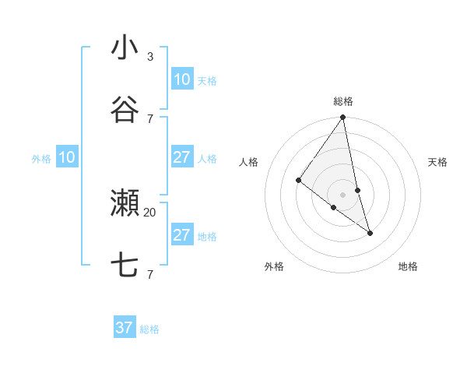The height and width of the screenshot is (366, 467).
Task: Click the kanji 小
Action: [125, 48]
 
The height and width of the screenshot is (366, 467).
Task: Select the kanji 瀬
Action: [125, 203]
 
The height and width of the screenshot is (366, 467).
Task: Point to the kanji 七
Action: [125, 266]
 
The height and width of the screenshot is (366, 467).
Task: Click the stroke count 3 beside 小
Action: [150, 57]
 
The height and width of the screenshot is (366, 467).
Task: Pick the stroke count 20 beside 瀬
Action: [150, 212]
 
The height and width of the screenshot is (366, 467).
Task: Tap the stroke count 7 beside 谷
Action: [150, 118]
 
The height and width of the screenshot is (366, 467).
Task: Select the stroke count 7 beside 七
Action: [150, 274]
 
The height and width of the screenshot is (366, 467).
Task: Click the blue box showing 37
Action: [125, 328]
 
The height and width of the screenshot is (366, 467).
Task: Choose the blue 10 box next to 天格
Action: [181, 79]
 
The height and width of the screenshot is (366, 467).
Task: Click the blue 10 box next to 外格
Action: [67, 157]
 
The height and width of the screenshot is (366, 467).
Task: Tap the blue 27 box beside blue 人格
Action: [181, 157]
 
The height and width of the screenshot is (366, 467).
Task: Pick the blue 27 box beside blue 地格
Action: [181, 235]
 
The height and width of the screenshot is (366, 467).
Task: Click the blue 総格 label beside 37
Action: [149, 329]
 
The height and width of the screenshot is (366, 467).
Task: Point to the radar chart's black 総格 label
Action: [343, 101]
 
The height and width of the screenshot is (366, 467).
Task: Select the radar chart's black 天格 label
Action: [438, 162]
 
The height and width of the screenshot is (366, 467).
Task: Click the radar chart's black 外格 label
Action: [274, 266]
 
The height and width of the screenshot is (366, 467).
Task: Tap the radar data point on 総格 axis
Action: [343, 118]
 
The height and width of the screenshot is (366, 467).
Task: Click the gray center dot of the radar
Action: [343, 194]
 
